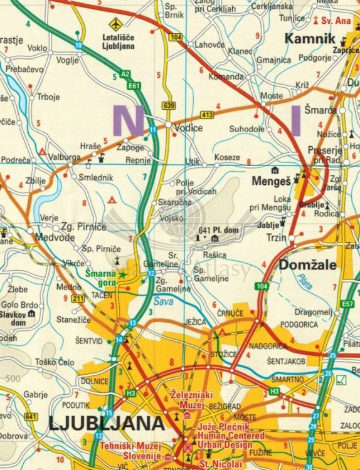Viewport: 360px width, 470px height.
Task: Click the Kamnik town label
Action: pyautogui.click(x=310, y=39)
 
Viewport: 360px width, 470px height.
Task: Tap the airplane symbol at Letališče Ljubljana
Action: pyautogui.click(x=115, y=24)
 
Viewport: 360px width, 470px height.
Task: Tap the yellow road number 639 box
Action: pyautogui.click(x=167, y=105)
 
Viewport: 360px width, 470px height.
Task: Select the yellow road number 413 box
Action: pyautogui.click(x=207, y=115)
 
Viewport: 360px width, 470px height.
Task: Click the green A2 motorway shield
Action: pyautogui.click(x=125, y=75)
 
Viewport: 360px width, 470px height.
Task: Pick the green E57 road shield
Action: pyautogui.click(x=347, y=304)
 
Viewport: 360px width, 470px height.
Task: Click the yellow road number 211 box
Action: pyautogui.click(x=78, y=298)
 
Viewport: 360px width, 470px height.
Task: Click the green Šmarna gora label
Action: pyautogui.click(x=100, y=278)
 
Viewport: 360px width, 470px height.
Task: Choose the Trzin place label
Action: pyautogui.click(x=276, y=238)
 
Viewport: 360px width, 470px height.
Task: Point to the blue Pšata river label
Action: pyautogui.click(x=305, y=282)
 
